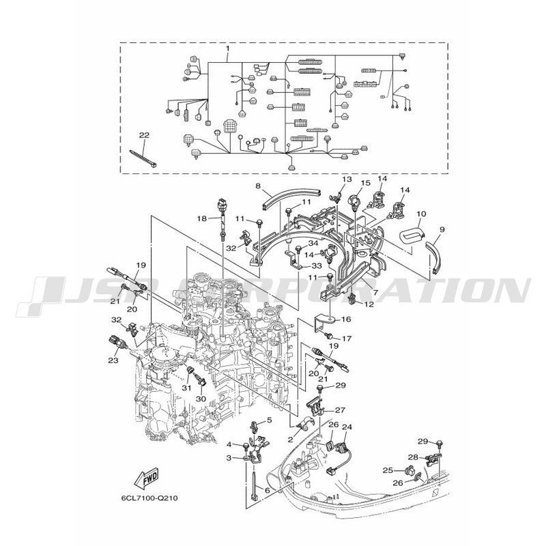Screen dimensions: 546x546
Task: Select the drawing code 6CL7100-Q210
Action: coord(149,498)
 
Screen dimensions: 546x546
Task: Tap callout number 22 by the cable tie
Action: coord(144,135)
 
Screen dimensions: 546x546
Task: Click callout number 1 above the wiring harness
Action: coord(228,48)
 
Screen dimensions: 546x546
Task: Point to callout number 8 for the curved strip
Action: coord(258,186)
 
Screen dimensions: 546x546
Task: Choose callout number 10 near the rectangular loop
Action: coord(421,214)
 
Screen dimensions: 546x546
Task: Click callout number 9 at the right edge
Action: coord(442,229)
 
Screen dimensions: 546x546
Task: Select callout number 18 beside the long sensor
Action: coord(202,218)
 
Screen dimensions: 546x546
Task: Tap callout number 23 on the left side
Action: coord(113,360)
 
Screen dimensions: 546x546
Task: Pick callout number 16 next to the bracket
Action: coord(346,319)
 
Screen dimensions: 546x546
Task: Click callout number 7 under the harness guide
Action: coord(374,293)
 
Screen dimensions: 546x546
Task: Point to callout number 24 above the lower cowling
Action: coord(347,427)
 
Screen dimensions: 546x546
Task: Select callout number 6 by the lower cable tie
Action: coord(267,490)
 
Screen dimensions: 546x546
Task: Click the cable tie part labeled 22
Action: coord(143,158)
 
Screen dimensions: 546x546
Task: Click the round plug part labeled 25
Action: coord(411,471)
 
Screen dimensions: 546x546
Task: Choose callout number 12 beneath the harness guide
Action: coord(369,304)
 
